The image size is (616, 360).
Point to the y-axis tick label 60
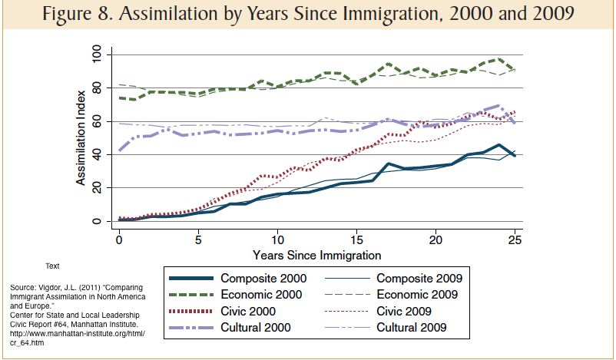tap(97, 121)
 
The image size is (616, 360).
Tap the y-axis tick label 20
tap(97, 187)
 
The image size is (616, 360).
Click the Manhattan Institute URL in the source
tap(77, 334)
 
